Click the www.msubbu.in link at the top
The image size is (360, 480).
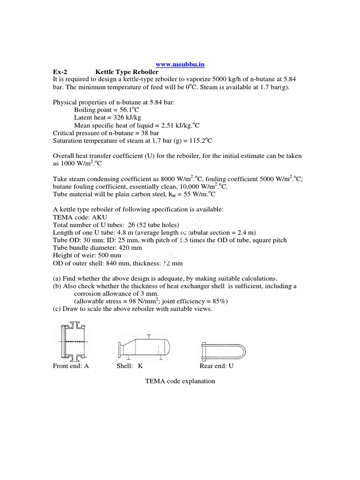[180, 64]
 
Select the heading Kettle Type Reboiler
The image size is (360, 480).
[127, 72]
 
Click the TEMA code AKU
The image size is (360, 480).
[94, 217]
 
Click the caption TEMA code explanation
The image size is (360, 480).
[180, 381]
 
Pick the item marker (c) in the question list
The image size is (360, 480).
[57, 309]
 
